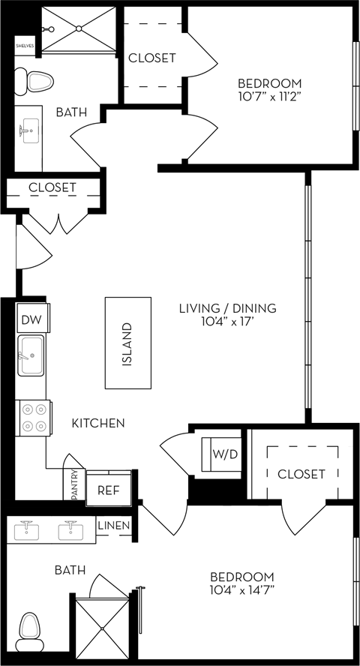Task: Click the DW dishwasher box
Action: [x=31, y=320]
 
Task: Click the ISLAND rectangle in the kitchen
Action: [x=127, y=343]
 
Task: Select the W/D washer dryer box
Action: [x=221, y=453]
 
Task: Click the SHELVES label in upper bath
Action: [x=25, y=45]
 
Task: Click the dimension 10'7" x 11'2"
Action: [x=269, y=97]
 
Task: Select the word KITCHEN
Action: [x=97, y=424]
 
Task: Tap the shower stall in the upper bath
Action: [x=79, y=30]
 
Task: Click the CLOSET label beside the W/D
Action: [x=301, y=474]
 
